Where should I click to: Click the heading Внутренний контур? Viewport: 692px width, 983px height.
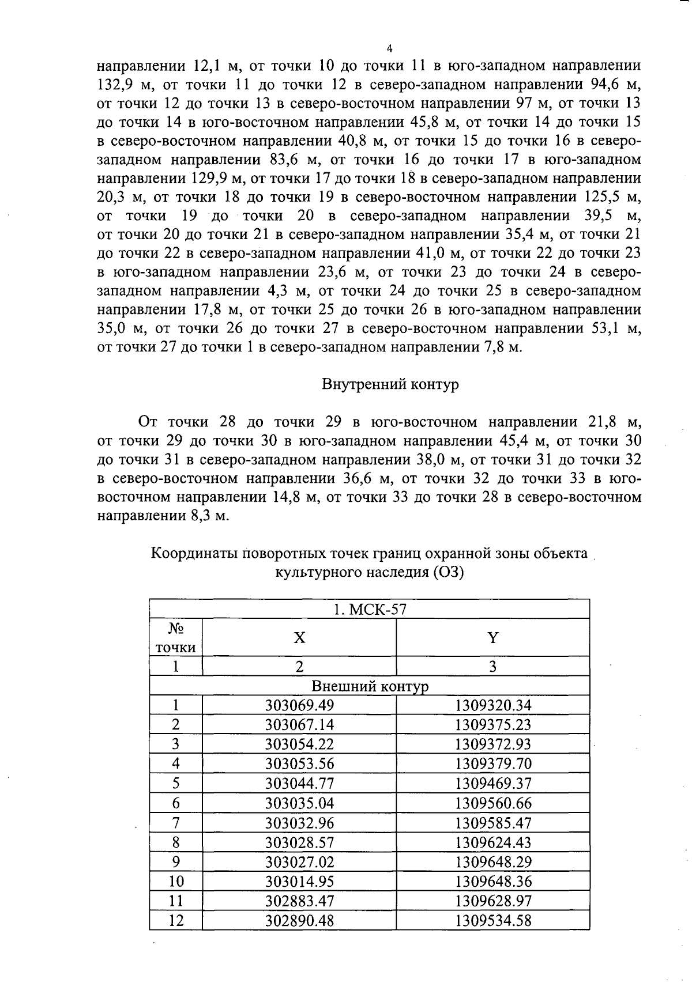pos(390,385)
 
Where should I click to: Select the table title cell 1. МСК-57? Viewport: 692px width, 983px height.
pos(370,609)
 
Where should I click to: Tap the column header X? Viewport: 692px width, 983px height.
pos(299,638)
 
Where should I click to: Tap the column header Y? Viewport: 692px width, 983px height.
pos(493,638)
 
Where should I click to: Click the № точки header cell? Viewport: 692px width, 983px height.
pos(176,637)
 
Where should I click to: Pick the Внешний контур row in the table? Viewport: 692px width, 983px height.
pos(370,686)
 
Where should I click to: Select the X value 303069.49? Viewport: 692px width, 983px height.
pos(299,705)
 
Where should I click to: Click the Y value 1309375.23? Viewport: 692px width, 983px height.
pos(493,725)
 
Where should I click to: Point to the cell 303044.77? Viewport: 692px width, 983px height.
pos(299,784)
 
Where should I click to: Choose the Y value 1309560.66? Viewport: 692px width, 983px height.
pos(493,803)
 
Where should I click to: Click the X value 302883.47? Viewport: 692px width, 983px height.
pos(299,901)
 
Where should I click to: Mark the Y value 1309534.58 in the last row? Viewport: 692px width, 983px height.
pos(493,920)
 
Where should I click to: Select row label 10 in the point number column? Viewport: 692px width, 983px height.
pos(176,881)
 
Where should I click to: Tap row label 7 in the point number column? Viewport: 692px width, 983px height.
pos(176,823)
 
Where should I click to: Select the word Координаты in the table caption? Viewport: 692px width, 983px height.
pos(194,554)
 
